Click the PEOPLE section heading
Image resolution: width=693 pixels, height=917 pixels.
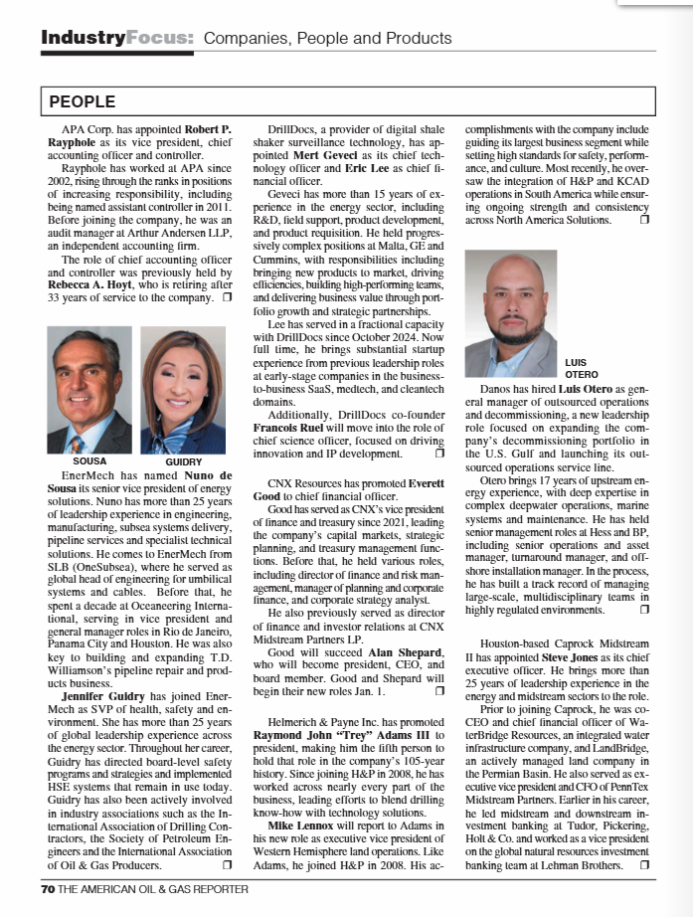(x=83, y=101)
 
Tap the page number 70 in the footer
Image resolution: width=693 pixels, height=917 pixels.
(x=47, y=889)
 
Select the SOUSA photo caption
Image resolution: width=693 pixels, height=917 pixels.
(x=89, y=462)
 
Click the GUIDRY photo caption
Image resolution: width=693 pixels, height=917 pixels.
(x=183, y=462)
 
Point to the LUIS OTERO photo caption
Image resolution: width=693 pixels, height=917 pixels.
(x=582, y=368)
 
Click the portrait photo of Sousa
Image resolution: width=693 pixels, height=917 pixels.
(x=89, y=390)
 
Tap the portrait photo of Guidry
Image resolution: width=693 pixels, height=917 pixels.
(x=183, y=390)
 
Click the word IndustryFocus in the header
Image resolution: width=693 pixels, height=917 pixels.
(x=117, y=39)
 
